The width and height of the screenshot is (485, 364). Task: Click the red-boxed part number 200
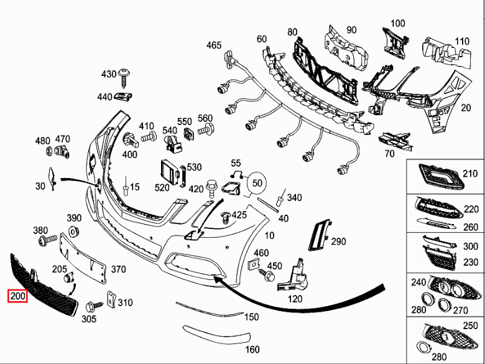pyautogui.click(x=17, y=297)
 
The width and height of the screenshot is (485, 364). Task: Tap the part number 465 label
pyautogui.click(x=214, y=45)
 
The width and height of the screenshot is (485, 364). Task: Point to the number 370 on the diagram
pyautogui.click(x=118, y=269)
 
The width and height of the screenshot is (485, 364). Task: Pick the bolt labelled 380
pyautogui.click(x=45, y=241)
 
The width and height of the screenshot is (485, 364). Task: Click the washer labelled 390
pyautogui.click(x=73, y=233)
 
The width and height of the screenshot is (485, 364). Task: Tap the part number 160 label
pyautogui.click(x=252, y=350)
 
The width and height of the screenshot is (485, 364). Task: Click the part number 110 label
pyautogui.click(x=462, y=42)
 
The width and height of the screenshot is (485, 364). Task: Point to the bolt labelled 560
pyautogui.click(x=206, y=131)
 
